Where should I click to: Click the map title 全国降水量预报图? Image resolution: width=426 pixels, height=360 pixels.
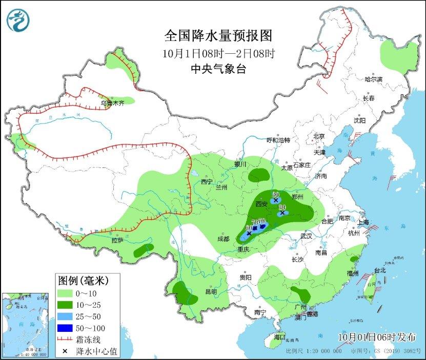point(217,36)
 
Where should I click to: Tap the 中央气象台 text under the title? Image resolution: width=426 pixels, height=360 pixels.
point(218,69)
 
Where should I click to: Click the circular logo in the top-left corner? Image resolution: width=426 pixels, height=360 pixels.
point(18,20)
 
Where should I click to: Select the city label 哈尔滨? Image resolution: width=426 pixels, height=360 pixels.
point(374,79)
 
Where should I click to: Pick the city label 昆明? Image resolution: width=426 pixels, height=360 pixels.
point(211,292)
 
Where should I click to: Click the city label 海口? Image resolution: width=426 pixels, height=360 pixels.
point(279,337)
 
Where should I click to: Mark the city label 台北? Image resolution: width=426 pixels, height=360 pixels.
point(379,270)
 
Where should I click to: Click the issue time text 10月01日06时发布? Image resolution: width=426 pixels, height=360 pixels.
point(377,336)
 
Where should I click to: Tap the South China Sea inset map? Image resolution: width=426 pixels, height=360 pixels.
point(26,325)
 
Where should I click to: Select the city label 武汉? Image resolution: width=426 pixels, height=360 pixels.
point(306,236)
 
